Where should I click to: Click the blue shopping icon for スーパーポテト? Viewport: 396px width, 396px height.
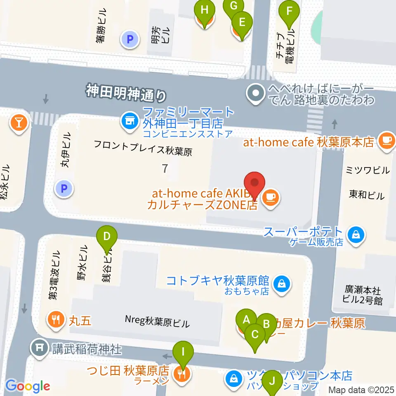355,235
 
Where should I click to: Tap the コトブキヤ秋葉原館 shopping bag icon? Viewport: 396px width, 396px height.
283,283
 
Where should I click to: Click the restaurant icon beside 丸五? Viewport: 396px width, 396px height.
55,319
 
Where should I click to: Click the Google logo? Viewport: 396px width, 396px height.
28,386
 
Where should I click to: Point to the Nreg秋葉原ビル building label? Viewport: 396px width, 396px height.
157,322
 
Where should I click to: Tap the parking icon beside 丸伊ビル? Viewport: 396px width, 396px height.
64,189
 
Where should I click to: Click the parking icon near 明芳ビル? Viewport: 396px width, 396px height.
130,40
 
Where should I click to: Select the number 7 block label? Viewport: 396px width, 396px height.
165,168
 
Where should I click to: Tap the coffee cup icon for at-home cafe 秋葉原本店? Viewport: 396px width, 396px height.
387,141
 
